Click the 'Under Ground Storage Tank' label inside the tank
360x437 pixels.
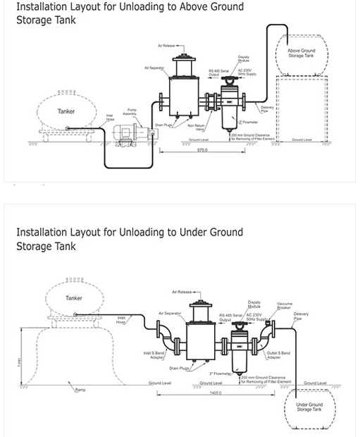[x=308, y=407]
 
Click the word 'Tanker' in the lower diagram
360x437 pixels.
[x=74, y=298]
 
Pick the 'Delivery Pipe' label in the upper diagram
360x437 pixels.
[x=264, y=109]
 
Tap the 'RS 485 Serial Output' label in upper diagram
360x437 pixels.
[x=220, y=73]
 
